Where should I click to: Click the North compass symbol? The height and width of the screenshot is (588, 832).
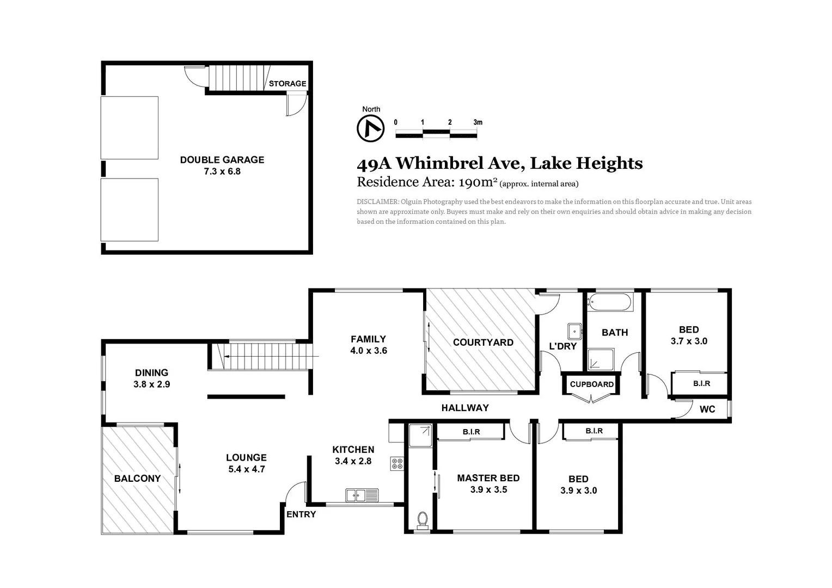point(370,129)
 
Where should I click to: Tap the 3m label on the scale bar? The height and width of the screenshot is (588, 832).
point(478,122)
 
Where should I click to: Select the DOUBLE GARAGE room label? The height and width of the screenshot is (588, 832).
point(222,160)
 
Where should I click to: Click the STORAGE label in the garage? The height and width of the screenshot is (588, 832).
point(287,83)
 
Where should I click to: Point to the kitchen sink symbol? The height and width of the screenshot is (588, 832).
point(362,495)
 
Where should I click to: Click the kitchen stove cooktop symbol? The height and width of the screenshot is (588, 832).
point(397,464)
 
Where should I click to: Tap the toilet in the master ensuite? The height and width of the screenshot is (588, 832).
point(422,520)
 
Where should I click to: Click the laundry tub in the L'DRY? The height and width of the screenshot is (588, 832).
point(574,331)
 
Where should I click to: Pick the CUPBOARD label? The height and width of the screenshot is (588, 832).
point(591,384)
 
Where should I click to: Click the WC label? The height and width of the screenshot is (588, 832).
point(707,409)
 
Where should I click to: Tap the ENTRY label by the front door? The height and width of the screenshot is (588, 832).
point(301,514)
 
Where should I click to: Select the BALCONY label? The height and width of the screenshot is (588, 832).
point(137,479)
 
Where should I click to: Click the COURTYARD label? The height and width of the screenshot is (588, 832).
point(483,342)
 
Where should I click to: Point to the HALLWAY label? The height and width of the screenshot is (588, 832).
point(464,408)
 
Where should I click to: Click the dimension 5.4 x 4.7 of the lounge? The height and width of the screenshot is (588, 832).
point(246,469)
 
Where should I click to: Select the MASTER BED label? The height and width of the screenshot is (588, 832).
point(488,478)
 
